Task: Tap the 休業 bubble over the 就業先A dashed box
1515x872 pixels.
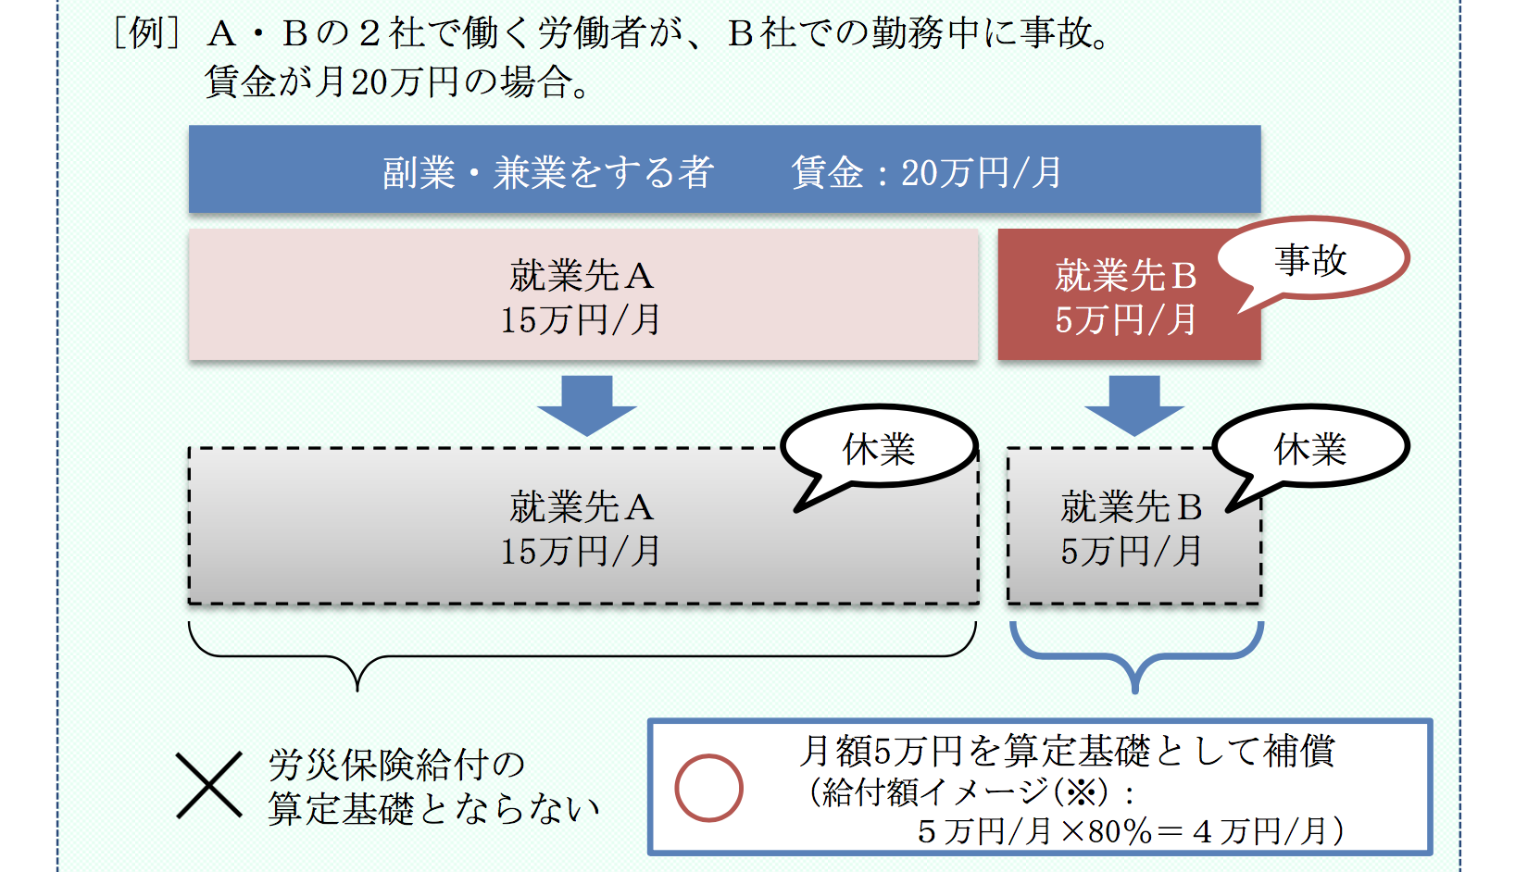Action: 878,449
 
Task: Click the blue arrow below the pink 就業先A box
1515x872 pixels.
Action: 586,405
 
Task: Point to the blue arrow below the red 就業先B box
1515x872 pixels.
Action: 1134,405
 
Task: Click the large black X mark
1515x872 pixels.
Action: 209,785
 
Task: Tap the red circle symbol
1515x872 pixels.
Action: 708,788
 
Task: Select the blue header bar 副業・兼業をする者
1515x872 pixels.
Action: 724,170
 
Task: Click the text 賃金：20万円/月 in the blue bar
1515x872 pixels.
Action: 926,172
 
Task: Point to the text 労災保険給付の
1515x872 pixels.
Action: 396,766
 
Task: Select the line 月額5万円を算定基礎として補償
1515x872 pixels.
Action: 1067,751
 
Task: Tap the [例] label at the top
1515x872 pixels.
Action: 145,33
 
